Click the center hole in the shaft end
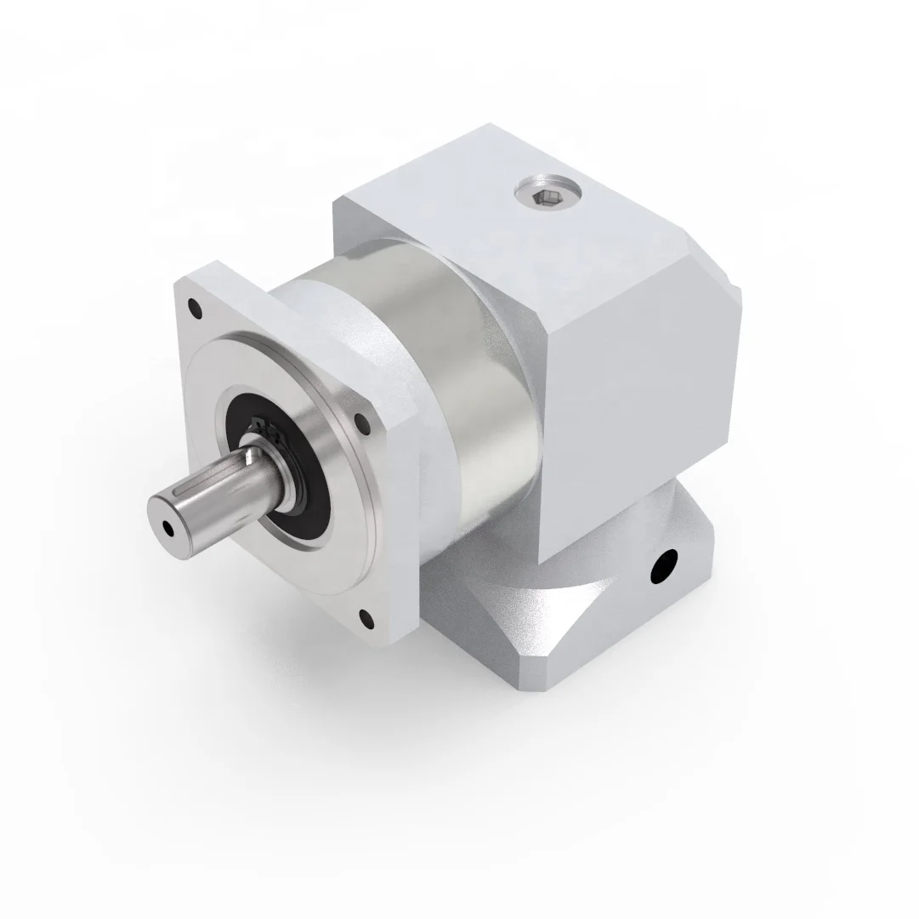tap(169, 528)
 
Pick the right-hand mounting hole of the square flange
tap(361, 419)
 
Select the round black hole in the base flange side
tap(662, 565)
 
